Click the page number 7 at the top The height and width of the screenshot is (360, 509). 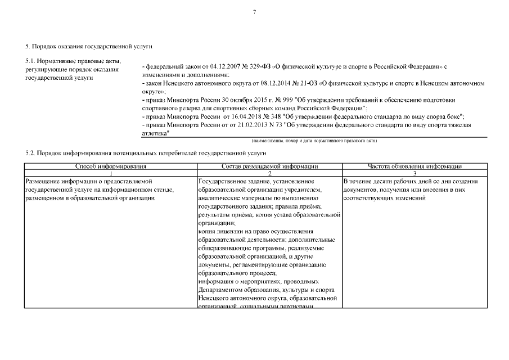tap(254, 12)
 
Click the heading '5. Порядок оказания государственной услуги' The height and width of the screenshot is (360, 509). tap(89, 46)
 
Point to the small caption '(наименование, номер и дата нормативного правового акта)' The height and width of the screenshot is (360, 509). tap(314, 140)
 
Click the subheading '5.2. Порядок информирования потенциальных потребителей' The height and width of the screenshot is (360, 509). tap(146, 152)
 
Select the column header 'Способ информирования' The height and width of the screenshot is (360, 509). tap(111, 166)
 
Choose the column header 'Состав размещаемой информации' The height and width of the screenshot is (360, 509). tap(269, 166)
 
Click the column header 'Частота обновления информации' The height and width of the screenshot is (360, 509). tap(415, 166)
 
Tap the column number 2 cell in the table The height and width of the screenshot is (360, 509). tap(269, 174)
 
